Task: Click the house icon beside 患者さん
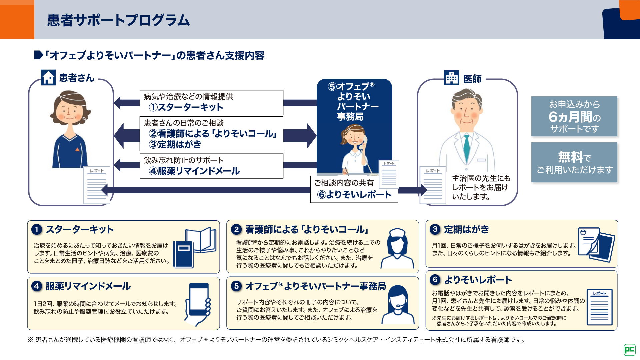pos(48,78)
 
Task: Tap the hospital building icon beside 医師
pos(452,78)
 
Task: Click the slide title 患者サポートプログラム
pos(118,20)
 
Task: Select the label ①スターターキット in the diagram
pos(186,107)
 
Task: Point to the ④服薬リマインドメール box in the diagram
pos(211,166)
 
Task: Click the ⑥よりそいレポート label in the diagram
pos(354,194)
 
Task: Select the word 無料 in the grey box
pos(570,157)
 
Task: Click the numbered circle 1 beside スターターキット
pos(37,229)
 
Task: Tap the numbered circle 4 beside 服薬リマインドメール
pos(37,286)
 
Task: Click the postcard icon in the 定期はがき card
pos(596,244)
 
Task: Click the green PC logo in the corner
pos(629,350)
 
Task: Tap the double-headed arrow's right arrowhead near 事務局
pos(311,135)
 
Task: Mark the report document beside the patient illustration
pos(97,185)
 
